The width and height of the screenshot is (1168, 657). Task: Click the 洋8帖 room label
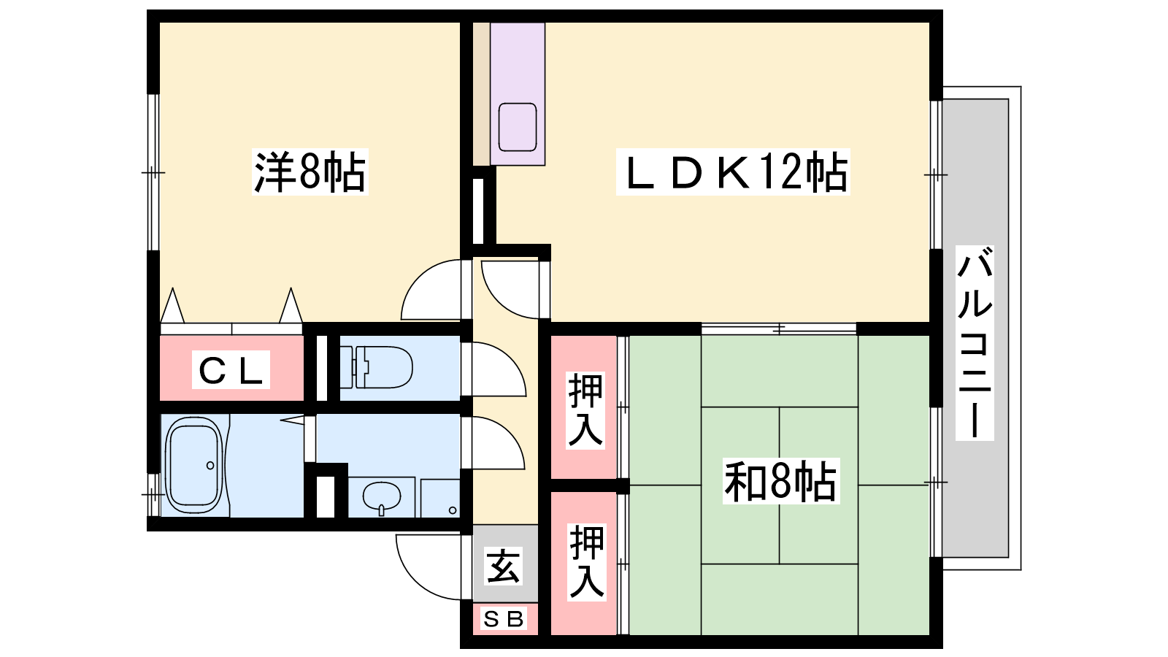click(x=310, y=172)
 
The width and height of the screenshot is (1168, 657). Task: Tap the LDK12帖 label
click(x=733, y=172)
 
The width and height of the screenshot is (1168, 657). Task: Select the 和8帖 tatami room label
click(x=780, y=481)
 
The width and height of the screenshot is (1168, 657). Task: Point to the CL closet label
click(x=231, y=369)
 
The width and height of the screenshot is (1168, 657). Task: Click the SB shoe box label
click(x=504, y=619)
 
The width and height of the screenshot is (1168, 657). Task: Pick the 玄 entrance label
click(x=503, y=566)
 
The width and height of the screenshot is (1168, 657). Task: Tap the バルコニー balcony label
click(x=975, y=343)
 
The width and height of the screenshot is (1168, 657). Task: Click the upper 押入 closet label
click(x=585, y=410)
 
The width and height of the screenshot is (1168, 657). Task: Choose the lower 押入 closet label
click(x=587, y=562)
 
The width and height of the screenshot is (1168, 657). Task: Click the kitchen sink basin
click(x=518, y=127)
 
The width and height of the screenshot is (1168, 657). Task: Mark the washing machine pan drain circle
click(x=453, y=510)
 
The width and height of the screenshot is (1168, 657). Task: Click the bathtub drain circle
click(x=210, y=465)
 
